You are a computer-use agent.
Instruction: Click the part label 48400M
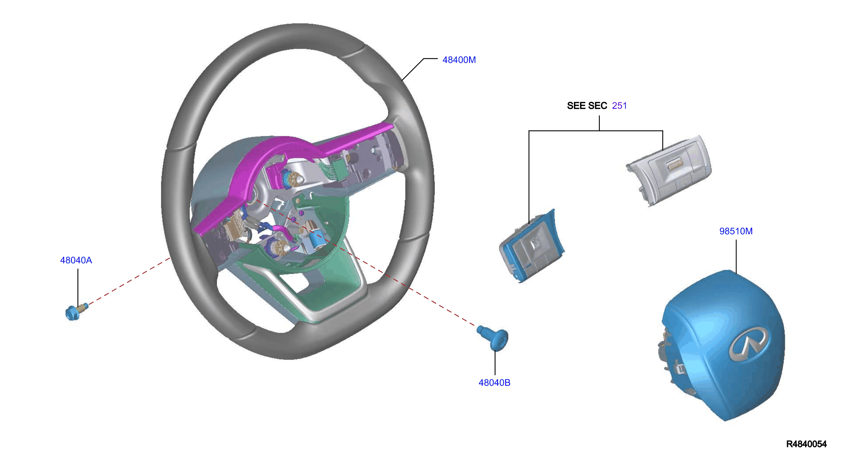coord(459,60)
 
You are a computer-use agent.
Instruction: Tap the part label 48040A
coord(76,260)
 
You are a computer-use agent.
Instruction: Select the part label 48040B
coord(494,382)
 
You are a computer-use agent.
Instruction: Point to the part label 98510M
coord(736,231)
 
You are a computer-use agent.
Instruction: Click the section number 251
coord(619,106)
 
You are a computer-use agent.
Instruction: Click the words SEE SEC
coord(587,106)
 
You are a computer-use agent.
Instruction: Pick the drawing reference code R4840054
coord(806,444)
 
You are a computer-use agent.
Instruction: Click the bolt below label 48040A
coord(76,312)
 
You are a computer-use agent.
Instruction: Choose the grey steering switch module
coord(669,170)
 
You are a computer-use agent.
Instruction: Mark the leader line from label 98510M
coord(736,257)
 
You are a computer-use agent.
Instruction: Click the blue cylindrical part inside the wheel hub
coord(316,239)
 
